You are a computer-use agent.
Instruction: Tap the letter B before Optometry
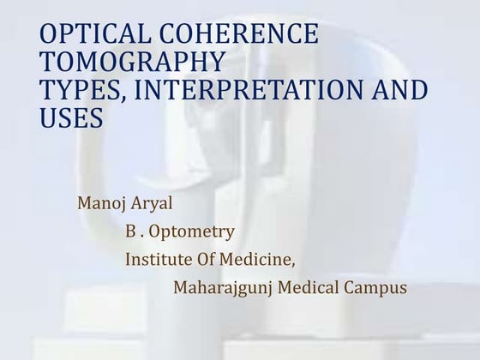pyautogui.click(x=131, y=231)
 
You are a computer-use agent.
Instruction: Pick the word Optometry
pyautogui.click(x=192, y=231)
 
